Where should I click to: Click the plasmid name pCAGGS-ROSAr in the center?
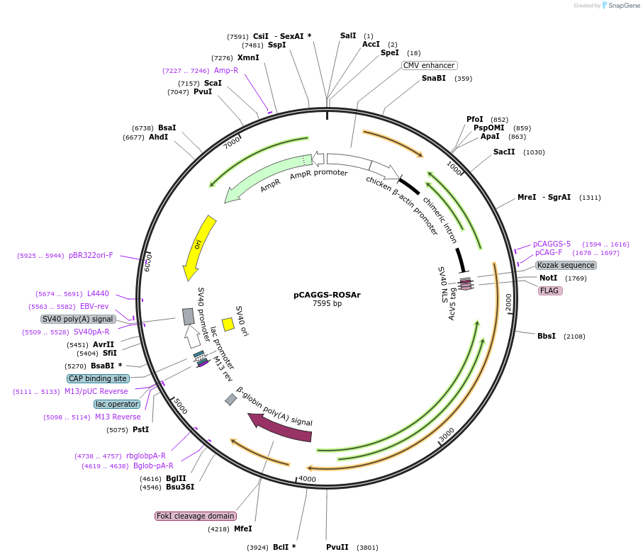[327, 295]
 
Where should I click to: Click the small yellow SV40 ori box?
[228, 324]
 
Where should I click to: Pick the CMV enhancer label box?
[429, 65]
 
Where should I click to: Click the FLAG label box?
[550, 290]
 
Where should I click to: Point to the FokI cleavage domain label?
[195, 516]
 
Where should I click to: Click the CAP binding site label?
[99, 378]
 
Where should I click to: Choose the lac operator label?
[117, 404]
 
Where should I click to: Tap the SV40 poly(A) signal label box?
[79, 319]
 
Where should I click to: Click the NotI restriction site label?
[548, 278]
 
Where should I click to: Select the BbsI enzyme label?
[547, 336]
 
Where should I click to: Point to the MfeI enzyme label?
[243, 529]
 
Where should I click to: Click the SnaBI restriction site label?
[434, 78]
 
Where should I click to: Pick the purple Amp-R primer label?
[226, 70]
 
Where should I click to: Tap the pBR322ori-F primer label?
[91, 255]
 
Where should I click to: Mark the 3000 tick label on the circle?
[447, 435]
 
